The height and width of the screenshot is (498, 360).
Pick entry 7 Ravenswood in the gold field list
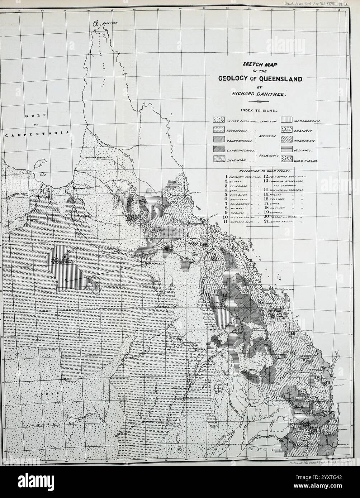tap(239, 203)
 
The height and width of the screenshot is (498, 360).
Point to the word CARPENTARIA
tap(38, 133)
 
